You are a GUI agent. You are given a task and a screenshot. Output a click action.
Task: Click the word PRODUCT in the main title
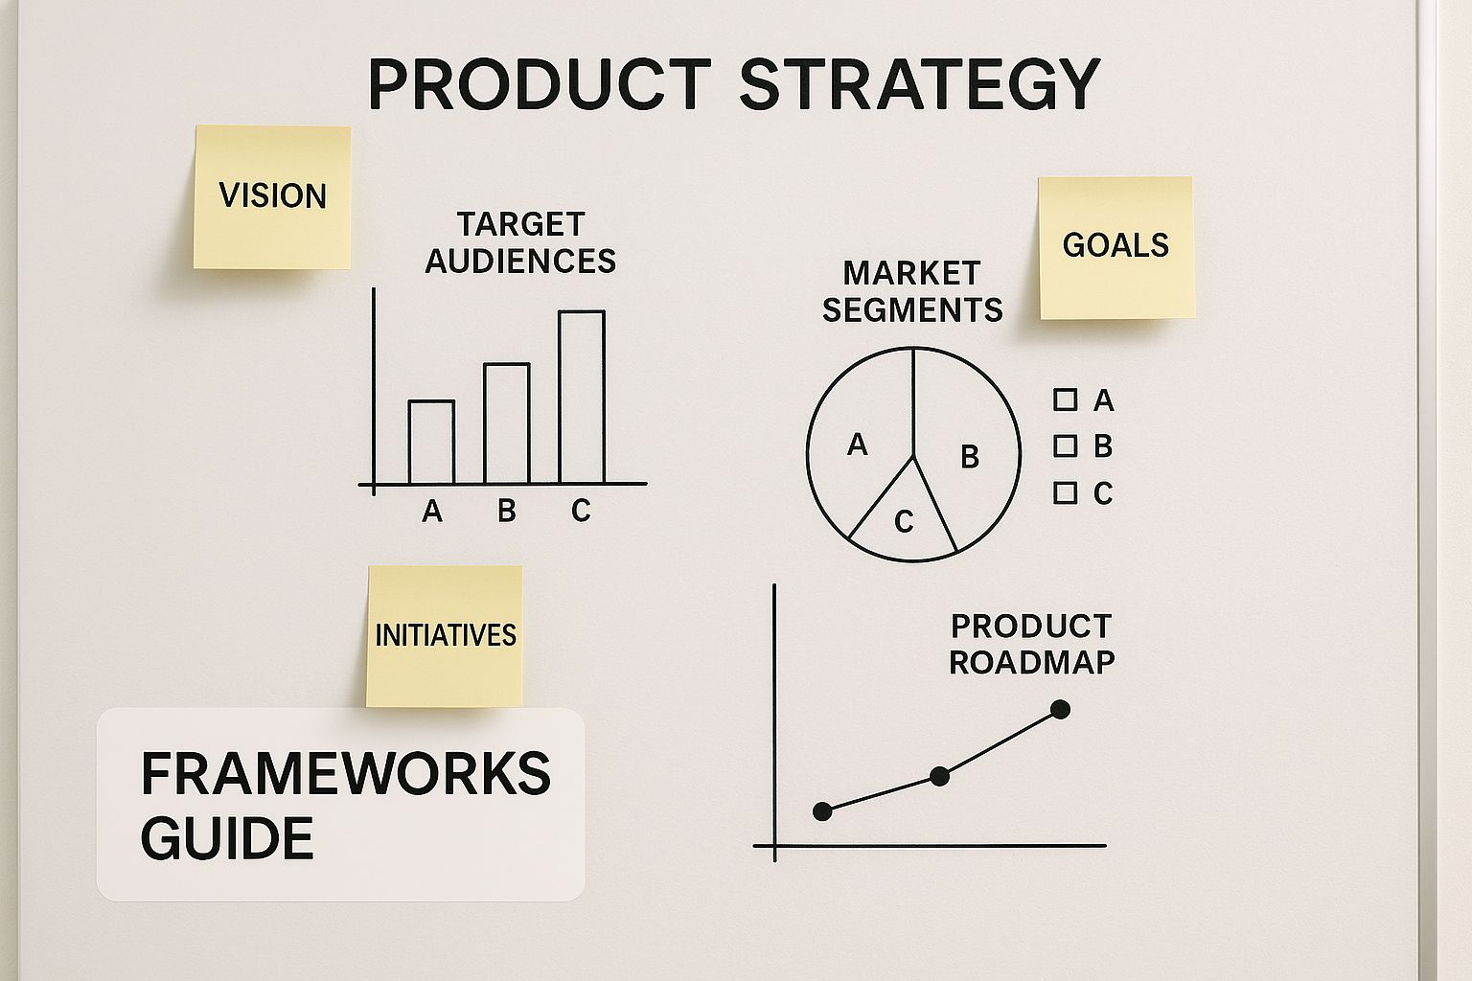click(x=539, y=84)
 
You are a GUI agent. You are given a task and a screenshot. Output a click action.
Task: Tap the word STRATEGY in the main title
click(x=919, y=84)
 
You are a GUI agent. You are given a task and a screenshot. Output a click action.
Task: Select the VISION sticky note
click(x=272, y=196)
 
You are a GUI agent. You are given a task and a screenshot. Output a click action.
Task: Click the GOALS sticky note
click(x=1115, y=246)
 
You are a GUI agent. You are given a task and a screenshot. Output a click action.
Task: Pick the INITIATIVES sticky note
click(x=445, y=635)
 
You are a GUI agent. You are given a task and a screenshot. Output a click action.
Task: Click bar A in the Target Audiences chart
click(x=431, y=443)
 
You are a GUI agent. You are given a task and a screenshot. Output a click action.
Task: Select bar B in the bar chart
click(x=506, y=423)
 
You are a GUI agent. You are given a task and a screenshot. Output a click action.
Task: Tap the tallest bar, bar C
click(x=581, y=398)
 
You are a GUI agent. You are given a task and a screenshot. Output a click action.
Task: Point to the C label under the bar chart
click(x=581, y=512)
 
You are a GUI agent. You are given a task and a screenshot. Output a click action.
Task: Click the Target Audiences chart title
click(x=520, y=242)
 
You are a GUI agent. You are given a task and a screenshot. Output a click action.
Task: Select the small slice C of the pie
click(x=904, y=521)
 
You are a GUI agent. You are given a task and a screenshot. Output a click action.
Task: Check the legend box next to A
click(x=1065, y=399)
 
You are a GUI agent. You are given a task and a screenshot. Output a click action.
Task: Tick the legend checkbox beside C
click(x=1065, y=492)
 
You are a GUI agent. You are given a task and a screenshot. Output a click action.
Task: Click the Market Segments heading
click(x=912, y=291)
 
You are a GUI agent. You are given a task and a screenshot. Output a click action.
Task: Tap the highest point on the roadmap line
click(x=1060, y=710)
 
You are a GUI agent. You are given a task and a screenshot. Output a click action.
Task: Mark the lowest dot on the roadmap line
click(x=822, y=811)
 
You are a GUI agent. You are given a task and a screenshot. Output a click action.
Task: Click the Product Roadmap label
click(x=1031, y=644)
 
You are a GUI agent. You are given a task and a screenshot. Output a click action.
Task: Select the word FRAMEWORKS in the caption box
click(x=345, y=774)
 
